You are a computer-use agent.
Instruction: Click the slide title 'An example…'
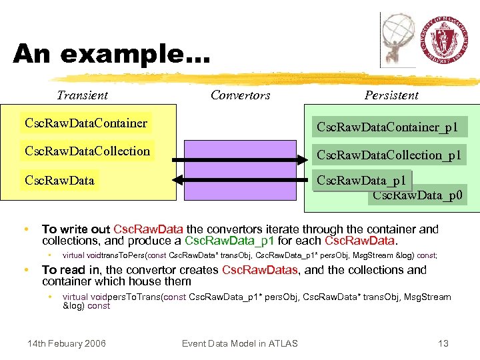click(111, 53)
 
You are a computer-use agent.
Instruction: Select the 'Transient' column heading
click(82, 95)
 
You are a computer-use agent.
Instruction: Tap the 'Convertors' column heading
click(240, 95)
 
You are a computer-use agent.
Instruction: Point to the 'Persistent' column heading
click(391, 95)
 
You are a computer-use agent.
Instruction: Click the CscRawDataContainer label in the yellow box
click(86, 123)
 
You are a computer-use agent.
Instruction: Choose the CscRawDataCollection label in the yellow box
click(87, 151)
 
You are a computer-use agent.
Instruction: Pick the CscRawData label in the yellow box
click(59, 181)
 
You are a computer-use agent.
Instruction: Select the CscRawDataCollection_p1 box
click(389, 155)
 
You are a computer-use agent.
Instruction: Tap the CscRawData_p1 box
click(361, 181)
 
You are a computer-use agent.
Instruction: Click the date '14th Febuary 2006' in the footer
click(66, 343)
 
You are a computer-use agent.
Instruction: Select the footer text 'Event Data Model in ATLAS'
click(239, 343)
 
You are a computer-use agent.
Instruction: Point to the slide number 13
click(443, 343)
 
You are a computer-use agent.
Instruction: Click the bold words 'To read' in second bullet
click(64, 270)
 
